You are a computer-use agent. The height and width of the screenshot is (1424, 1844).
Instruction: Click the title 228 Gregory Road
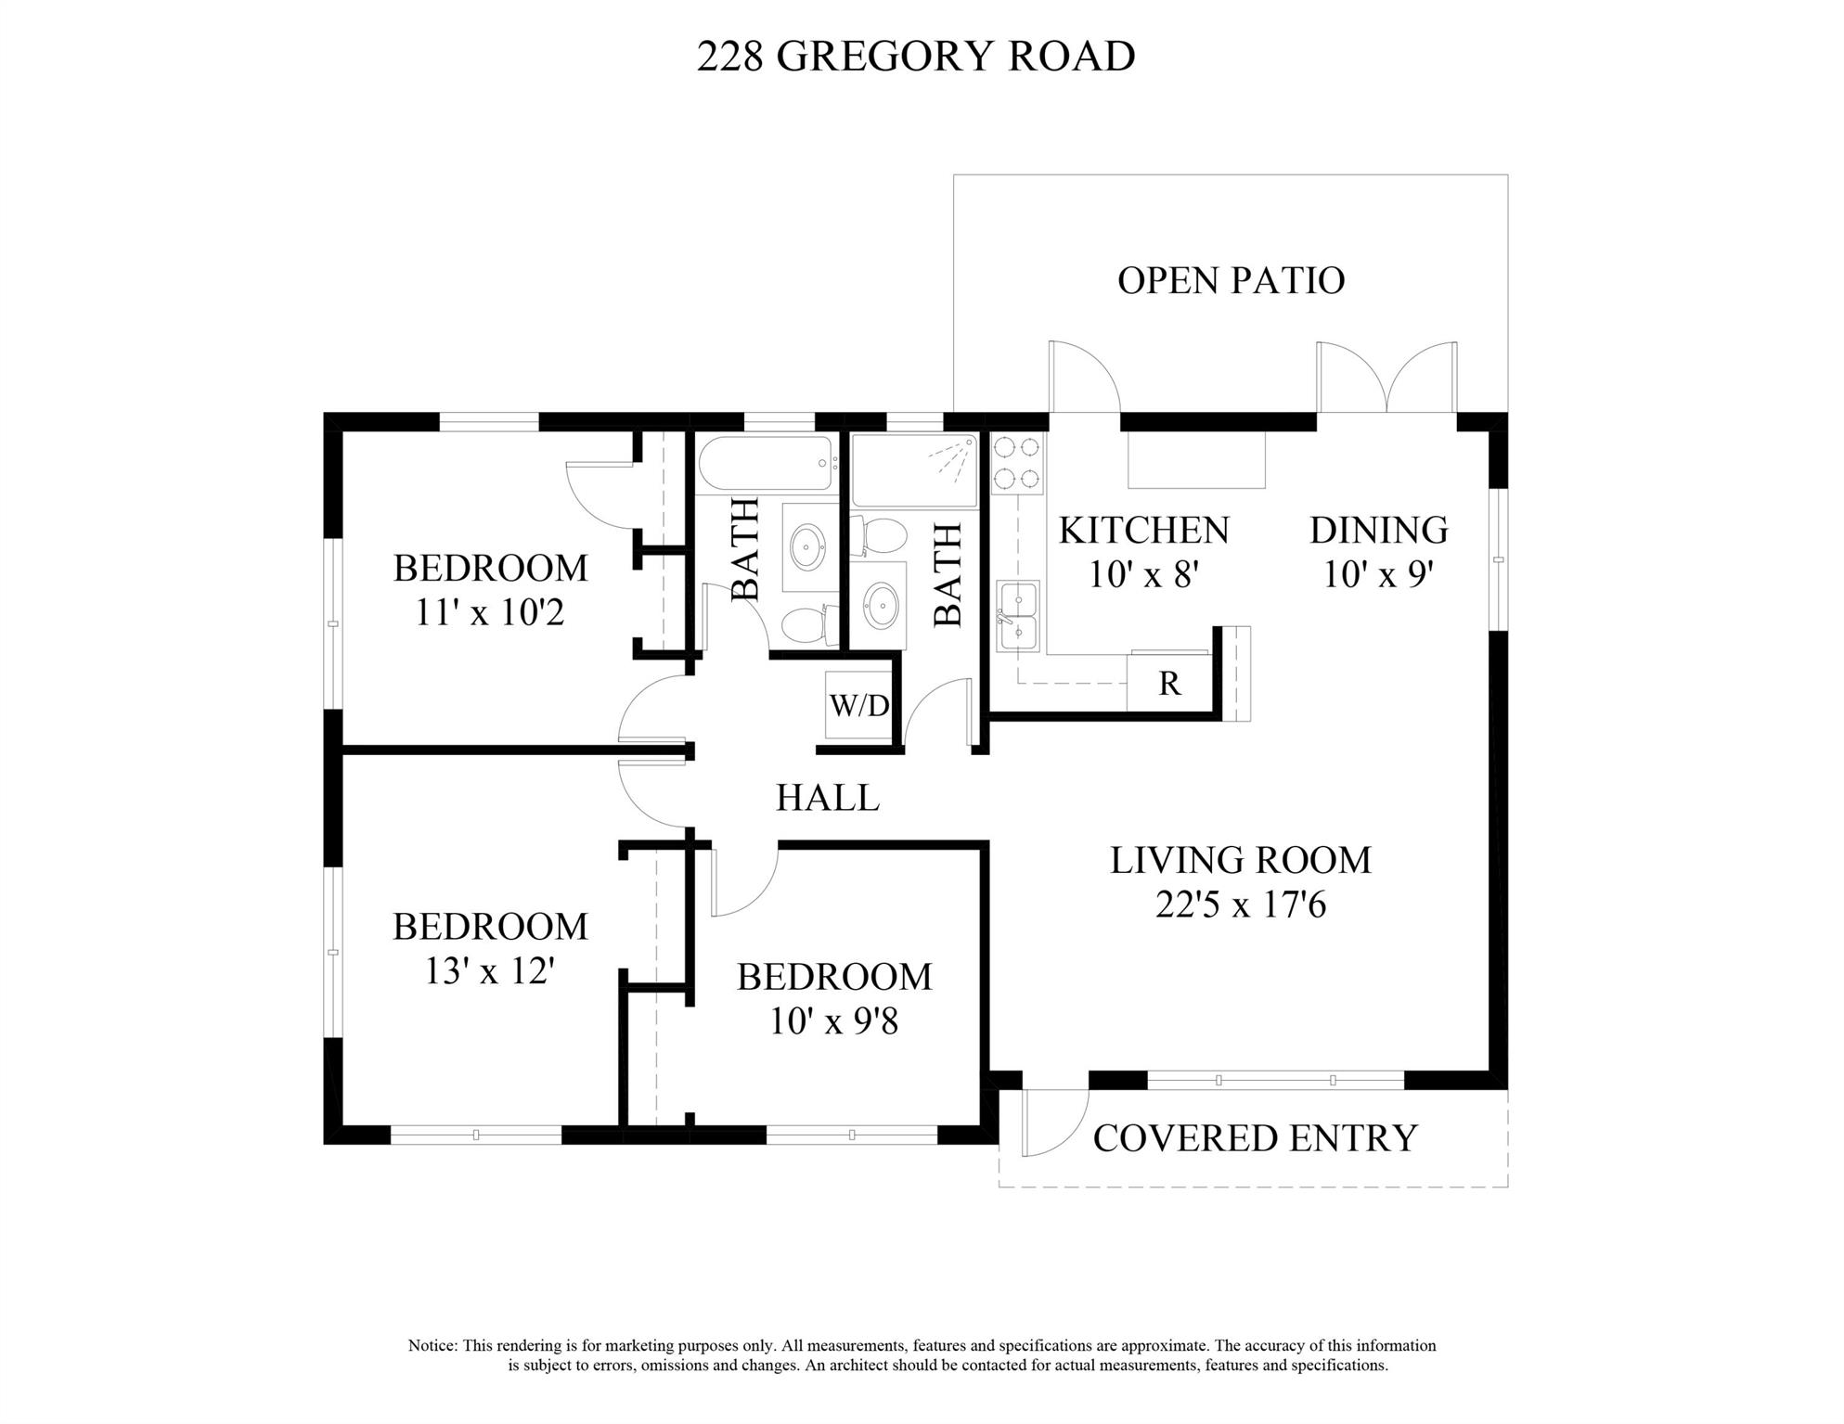[x=916, y=56]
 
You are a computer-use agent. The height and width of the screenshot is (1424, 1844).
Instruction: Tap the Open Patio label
[x=1231, y=280]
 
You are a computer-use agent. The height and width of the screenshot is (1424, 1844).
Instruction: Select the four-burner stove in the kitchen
[x=1017, y=463]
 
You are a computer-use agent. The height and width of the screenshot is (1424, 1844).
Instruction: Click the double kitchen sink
[x=1018, y=616]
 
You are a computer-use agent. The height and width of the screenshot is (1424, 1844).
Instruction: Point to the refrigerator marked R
[x=1169, y=683]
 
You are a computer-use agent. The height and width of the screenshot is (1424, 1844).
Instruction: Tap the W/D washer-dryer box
[x=858, y=705]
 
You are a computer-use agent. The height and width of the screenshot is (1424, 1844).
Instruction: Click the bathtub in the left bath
[x=766, y=463]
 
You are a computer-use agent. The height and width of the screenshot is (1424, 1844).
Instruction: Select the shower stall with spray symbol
[x=914, y=470]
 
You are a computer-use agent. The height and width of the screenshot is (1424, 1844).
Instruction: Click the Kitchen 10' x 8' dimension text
[x=1144, y=574]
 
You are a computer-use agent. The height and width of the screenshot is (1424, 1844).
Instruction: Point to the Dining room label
[x=1379, y=530]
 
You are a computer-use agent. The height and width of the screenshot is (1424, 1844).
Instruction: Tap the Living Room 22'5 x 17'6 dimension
[x=1241, y=904]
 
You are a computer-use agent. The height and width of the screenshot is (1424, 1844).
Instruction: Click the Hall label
[x=828, y=798]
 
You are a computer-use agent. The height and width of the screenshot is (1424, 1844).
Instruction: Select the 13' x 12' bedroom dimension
[x=490, y=971]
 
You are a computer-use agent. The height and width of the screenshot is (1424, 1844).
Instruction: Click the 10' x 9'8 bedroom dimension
[x=834, y=1022]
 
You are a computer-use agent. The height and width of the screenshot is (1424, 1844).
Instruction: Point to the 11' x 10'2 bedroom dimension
[x=489, y=612]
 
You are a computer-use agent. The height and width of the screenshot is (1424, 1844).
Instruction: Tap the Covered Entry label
[x=1255, y=1138]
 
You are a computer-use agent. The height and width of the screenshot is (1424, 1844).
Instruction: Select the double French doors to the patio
[x=1386, y=378]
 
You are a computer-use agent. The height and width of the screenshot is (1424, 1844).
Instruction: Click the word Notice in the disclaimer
[x=432, y=1346]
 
